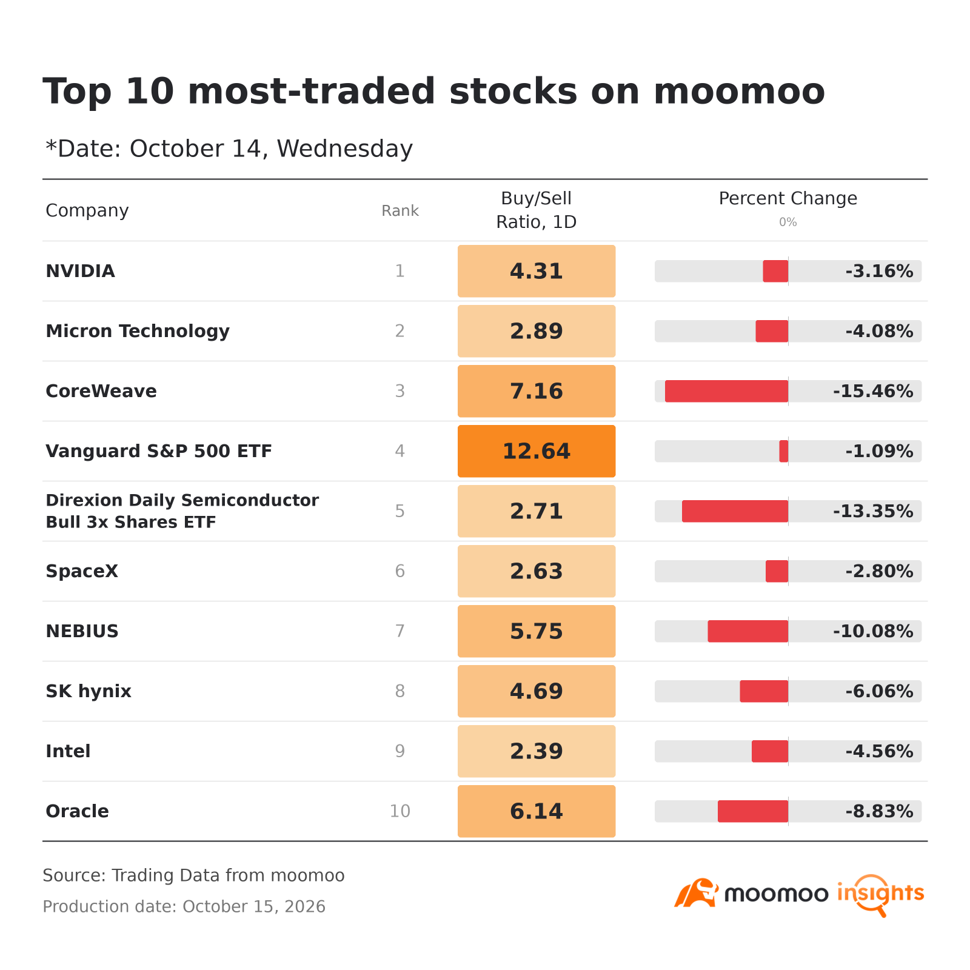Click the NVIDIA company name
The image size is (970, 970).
click(80, 271)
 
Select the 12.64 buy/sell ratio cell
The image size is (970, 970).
click(537, 451)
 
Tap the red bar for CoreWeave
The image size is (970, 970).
click(726, 391)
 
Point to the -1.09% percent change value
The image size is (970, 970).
click(879, 451)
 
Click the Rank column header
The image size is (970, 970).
click(400, 210)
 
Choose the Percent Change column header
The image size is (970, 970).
click(788, 198)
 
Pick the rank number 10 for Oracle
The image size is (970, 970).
click(400, 811)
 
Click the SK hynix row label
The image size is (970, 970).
click(89, 691)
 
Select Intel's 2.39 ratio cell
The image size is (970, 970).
click(537, 751)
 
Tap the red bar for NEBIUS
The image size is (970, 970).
click(748, 631)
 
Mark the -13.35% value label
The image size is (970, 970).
click(873, 511)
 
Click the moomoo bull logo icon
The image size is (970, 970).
click(696, 893)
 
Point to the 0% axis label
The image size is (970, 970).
click(788, 222)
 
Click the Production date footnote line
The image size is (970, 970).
click(184, 906)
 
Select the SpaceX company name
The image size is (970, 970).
click(82, 571)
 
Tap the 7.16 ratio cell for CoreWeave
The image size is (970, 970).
click(537, 391)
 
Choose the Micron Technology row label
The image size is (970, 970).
click(138, 331)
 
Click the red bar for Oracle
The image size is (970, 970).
click(753, 811)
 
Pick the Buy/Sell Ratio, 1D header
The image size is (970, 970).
click(537, 210)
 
